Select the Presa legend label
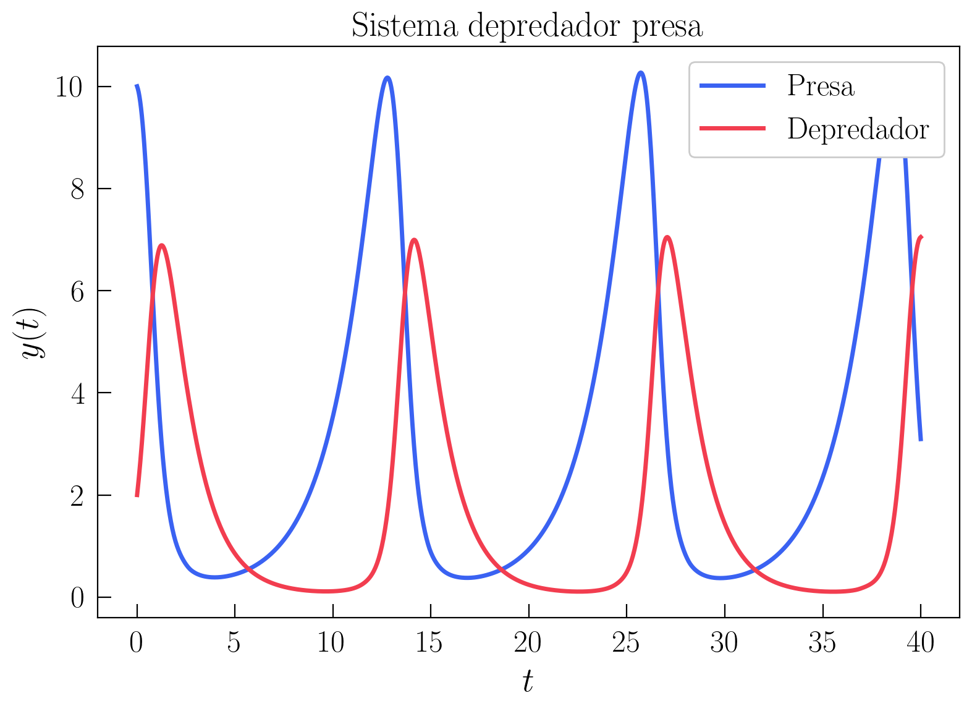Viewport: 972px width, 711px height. click(821, 86)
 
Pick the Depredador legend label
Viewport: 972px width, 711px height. click(858, 129)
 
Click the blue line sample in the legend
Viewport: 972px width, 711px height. click(733, 86)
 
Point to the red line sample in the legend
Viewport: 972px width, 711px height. click(733, 129)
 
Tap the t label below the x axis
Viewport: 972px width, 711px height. click(527, 682)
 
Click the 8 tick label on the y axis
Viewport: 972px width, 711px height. click(77, 189)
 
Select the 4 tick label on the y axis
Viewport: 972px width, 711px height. click(77, 394)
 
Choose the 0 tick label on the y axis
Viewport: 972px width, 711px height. click(77, 598)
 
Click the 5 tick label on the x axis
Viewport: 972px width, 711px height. click(234, 644)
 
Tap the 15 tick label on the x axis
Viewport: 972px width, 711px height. click(429, 644)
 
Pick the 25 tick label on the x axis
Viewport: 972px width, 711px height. click(625, 644)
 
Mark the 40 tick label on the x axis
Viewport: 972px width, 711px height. click(920, 644)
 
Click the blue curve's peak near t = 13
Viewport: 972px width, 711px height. click(387, 78)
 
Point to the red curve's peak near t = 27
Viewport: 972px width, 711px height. click(667, 237)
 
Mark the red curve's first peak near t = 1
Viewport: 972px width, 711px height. click(162, 245)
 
